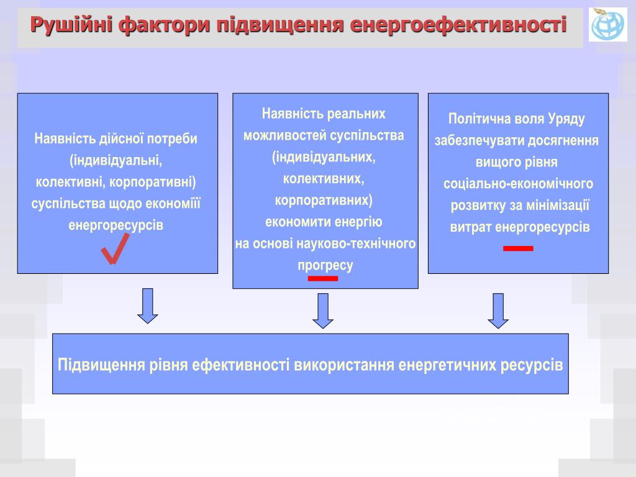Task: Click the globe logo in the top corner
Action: [x=608, y=25]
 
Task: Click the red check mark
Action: [x=114, y=249]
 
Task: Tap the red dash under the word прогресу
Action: [x=323, y=279]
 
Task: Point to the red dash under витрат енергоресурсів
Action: [x=518, y=248]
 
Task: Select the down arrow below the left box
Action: [x=148, y=306]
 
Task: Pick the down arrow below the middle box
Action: [x=323, y=310]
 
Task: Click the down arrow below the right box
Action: [x=498, y=310]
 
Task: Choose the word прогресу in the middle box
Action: [x=325, y=265]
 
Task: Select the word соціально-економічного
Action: [x=518, y=184]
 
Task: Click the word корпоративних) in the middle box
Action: [x=324, y=201]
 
